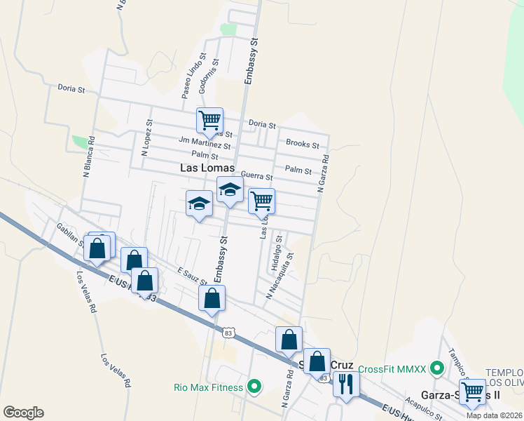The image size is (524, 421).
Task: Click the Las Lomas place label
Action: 207,168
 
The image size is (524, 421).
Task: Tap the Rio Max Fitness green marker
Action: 254,387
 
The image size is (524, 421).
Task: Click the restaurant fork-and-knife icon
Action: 345,383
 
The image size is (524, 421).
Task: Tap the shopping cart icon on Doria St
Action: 209,121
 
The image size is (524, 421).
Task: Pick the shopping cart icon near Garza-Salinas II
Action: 473,392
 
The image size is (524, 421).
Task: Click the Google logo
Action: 23,413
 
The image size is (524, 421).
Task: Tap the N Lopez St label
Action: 147,137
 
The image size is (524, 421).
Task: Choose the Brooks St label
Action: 303,143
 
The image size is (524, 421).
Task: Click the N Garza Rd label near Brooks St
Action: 324,174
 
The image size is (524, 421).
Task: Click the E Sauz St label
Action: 191,276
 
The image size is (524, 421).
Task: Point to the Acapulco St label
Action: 422,408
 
